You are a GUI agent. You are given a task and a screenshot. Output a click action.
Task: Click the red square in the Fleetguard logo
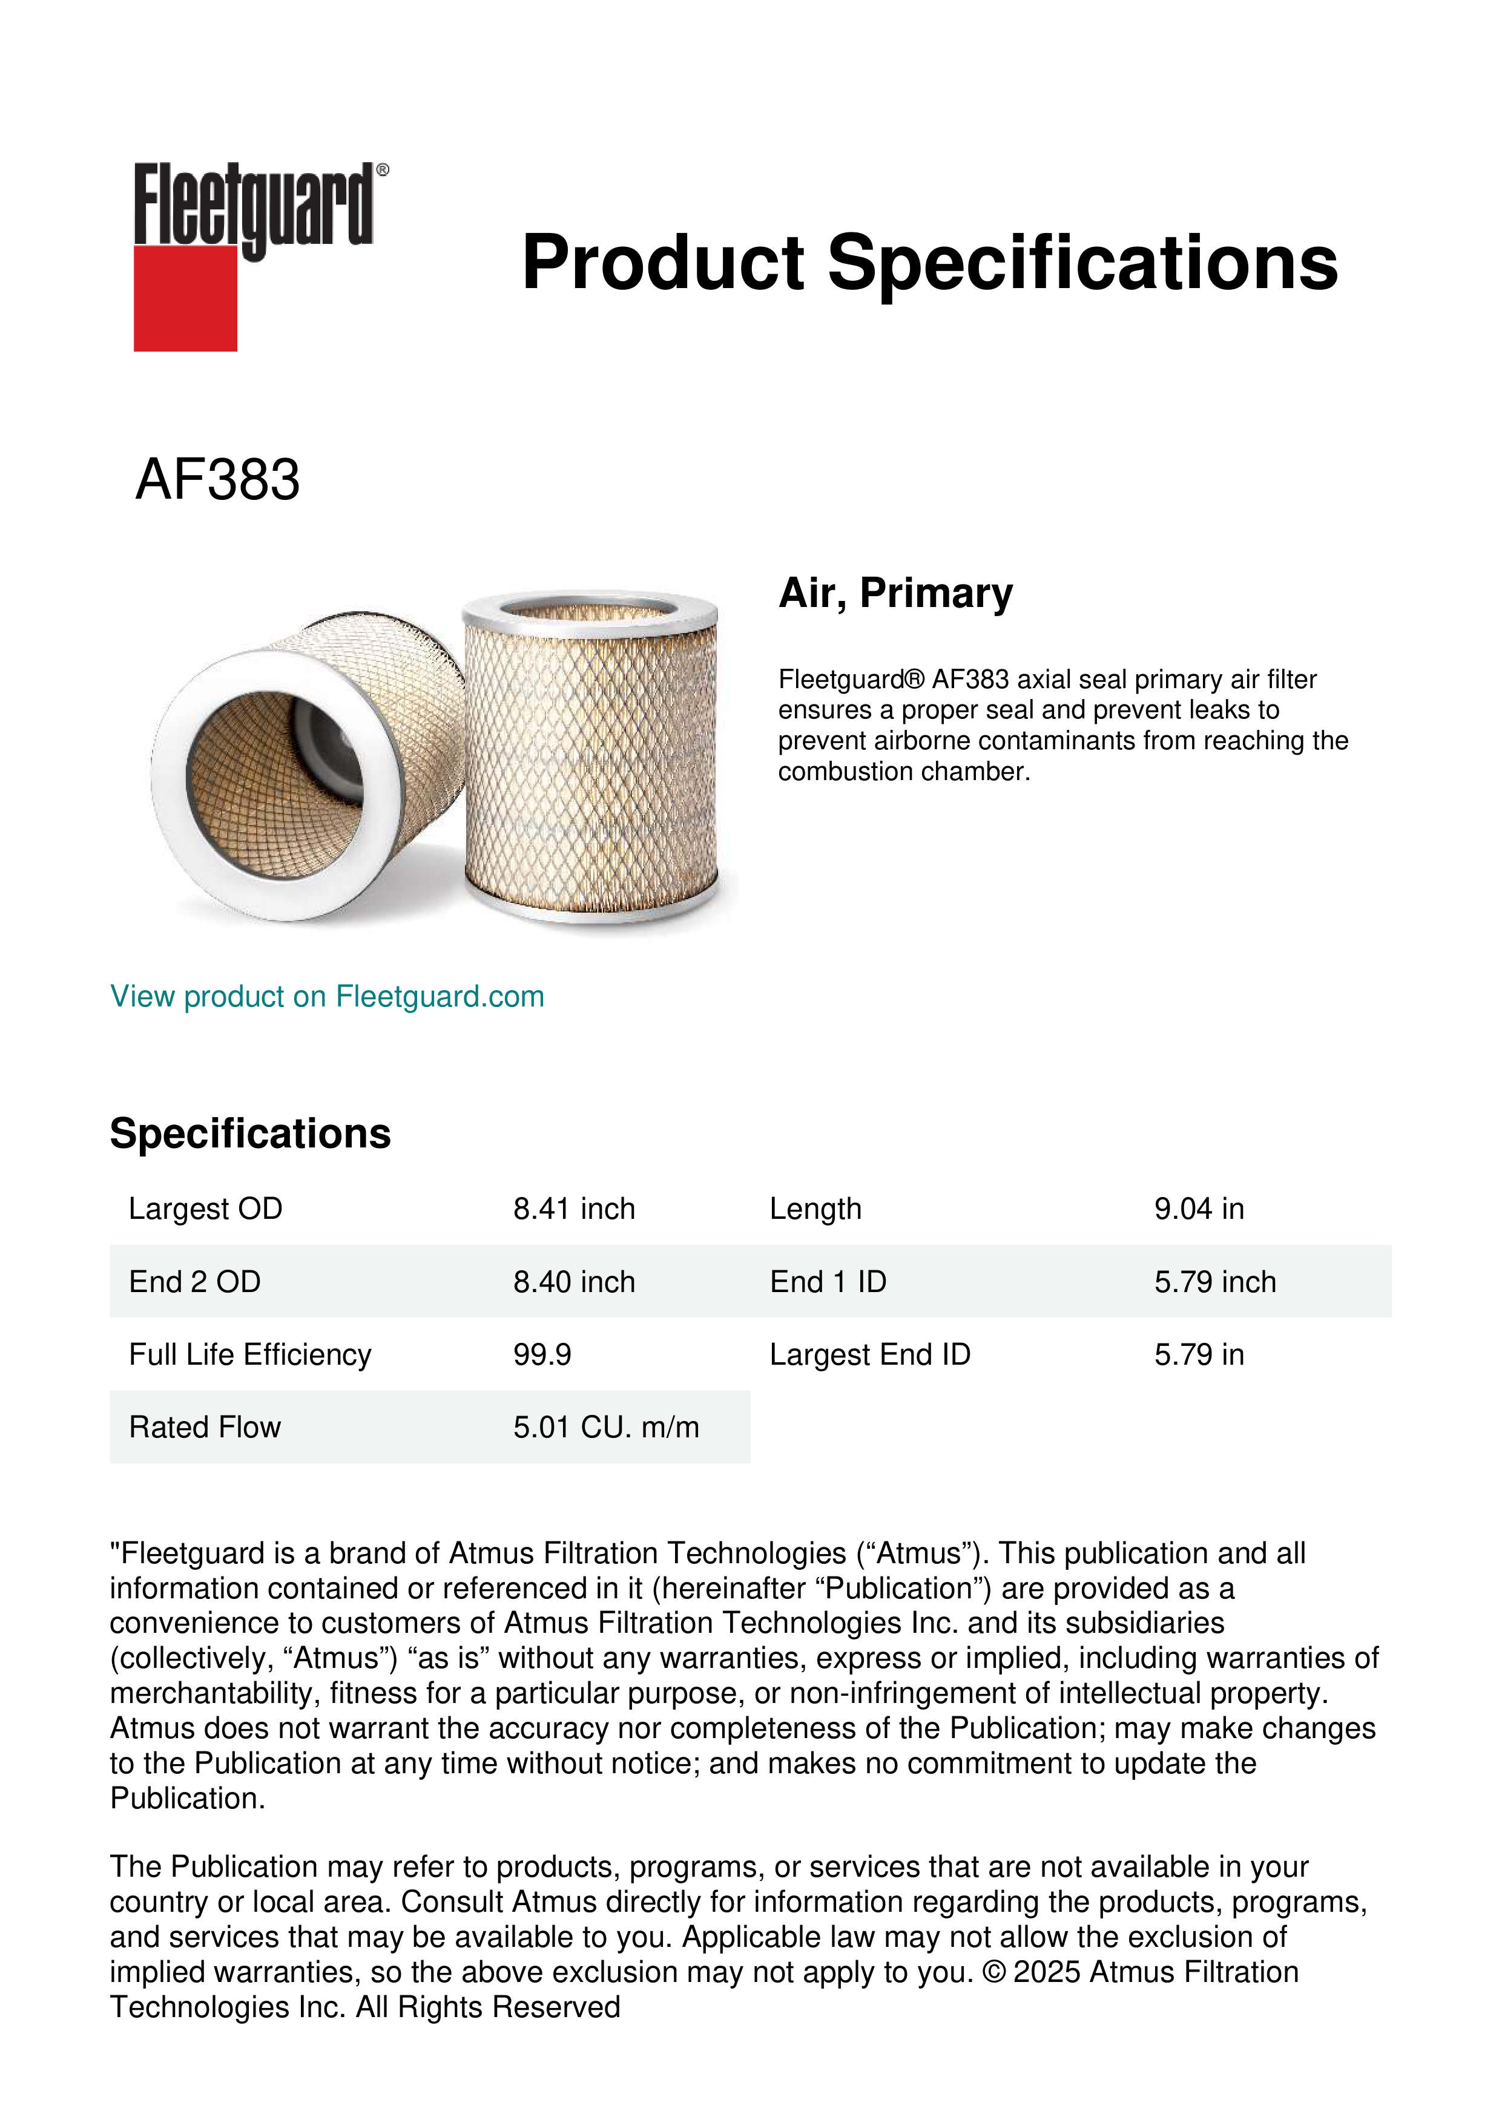coord(185,298)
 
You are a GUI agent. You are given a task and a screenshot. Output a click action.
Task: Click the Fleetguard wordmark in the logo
coord(254,205)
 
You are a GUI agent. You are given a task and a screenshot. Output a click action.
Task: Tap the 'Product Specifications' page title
coord(929,263)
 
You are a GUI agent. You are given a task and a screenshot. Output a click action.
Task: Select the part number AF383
coord(217,480)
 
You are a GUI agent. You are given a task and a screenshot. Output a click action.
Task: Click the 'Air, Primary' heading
coord(895,592)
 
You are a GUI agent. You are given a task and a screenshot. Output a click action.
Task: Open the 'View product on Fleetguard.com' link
coord(326,996)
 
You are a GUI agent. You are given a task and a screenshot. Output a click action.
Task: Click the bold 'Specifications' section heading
coord(249,1133)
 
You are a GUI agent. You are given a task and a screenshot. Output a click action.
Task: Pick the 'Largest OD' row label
coord(205,1209)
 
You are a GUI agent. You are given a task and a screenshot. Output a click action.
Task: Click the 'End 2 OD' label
coord(194,1282)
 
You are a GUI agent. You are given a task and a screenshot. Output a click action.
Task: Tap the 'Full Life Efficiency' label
coord(249,1354)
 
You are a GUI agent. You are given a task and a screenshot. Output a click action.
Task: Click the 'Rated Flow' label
coord(205,1427)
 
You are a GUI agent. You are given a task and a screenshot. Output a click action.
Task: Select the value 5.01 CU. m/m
coord(606,1427)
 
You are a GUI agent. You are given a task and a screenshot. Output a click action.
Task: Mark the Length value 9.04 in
coord(1199,1209)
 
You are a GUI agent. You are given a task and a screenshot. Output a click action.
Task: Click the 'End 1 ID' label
coord(828,1282)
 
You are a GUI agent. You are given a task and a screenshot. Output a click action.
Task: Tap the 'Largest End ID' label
coord(869,1354)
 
